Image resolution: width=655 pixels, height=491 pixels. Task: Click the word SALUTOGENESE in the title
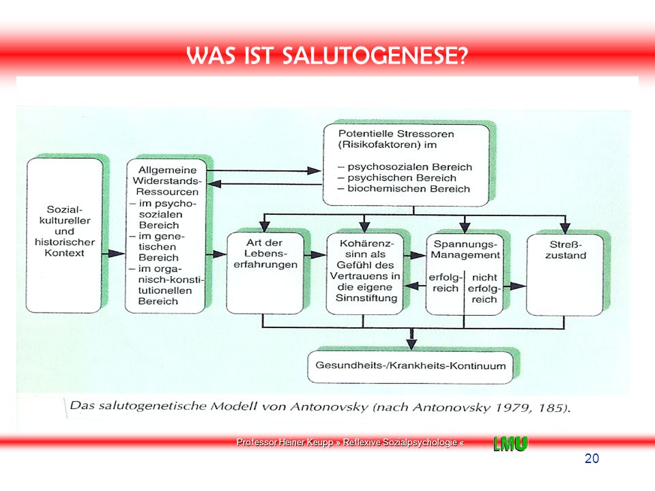(x=375, y=55)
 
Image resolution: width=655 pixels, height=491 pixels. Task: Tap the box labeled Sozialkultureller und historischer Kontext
(x=64, y=235)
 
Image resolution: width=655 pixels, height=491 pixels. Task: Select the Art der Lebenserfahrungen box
(x=265, y=273)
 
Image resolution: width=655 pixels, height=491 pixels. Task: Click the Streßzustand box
(x=565, y=275)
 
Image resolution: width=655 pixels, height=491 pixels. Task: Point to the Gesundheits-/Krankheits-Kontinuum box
(x=410, y=367)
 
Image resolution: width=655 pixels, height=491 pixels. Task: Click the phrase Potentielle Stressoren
(x=396, y=134)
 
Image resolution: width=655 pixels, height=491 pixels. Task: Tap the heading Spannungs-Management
(x=465, y=250)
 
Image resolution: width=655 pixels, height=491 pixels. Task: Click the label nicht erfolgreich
(x=484, y=288)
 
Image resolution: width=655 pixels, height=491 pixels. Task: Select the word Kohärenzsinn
(x=366, y=248)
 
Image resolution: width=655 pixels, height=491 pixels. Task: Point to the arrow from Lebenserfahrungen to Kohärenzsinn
(x=315, y=254)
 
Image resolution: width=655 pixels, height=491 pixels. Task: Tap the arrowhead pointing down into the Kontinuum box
(x=412, y=343)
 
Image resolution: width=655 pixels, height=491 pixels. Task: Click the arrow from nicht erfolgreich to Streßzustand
(x=514, y=286)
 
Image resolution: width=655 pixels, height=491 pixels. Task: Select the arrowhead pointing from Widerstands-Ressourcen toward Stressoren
(x=314, y=170)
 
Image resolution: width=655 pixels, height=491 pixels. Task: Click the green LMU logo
(x=510, y=443)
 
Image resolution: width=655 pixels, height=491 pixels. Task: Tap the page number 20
(x=592, y=458)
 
